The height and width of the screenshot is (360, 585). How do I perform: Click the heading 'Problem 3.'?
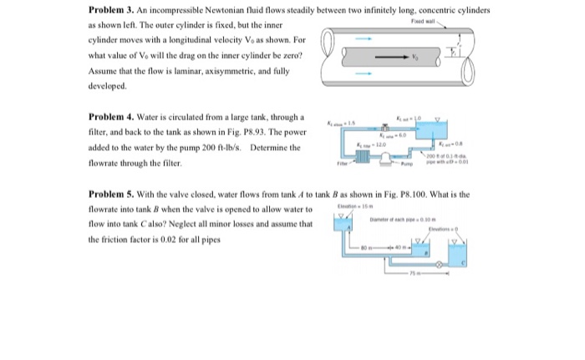point(110,9)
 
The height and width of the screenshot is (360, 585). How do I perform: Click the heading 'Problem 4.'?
point(110,117)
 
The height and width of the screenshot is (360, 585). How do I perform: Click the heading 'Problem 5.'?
point(110,195)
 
